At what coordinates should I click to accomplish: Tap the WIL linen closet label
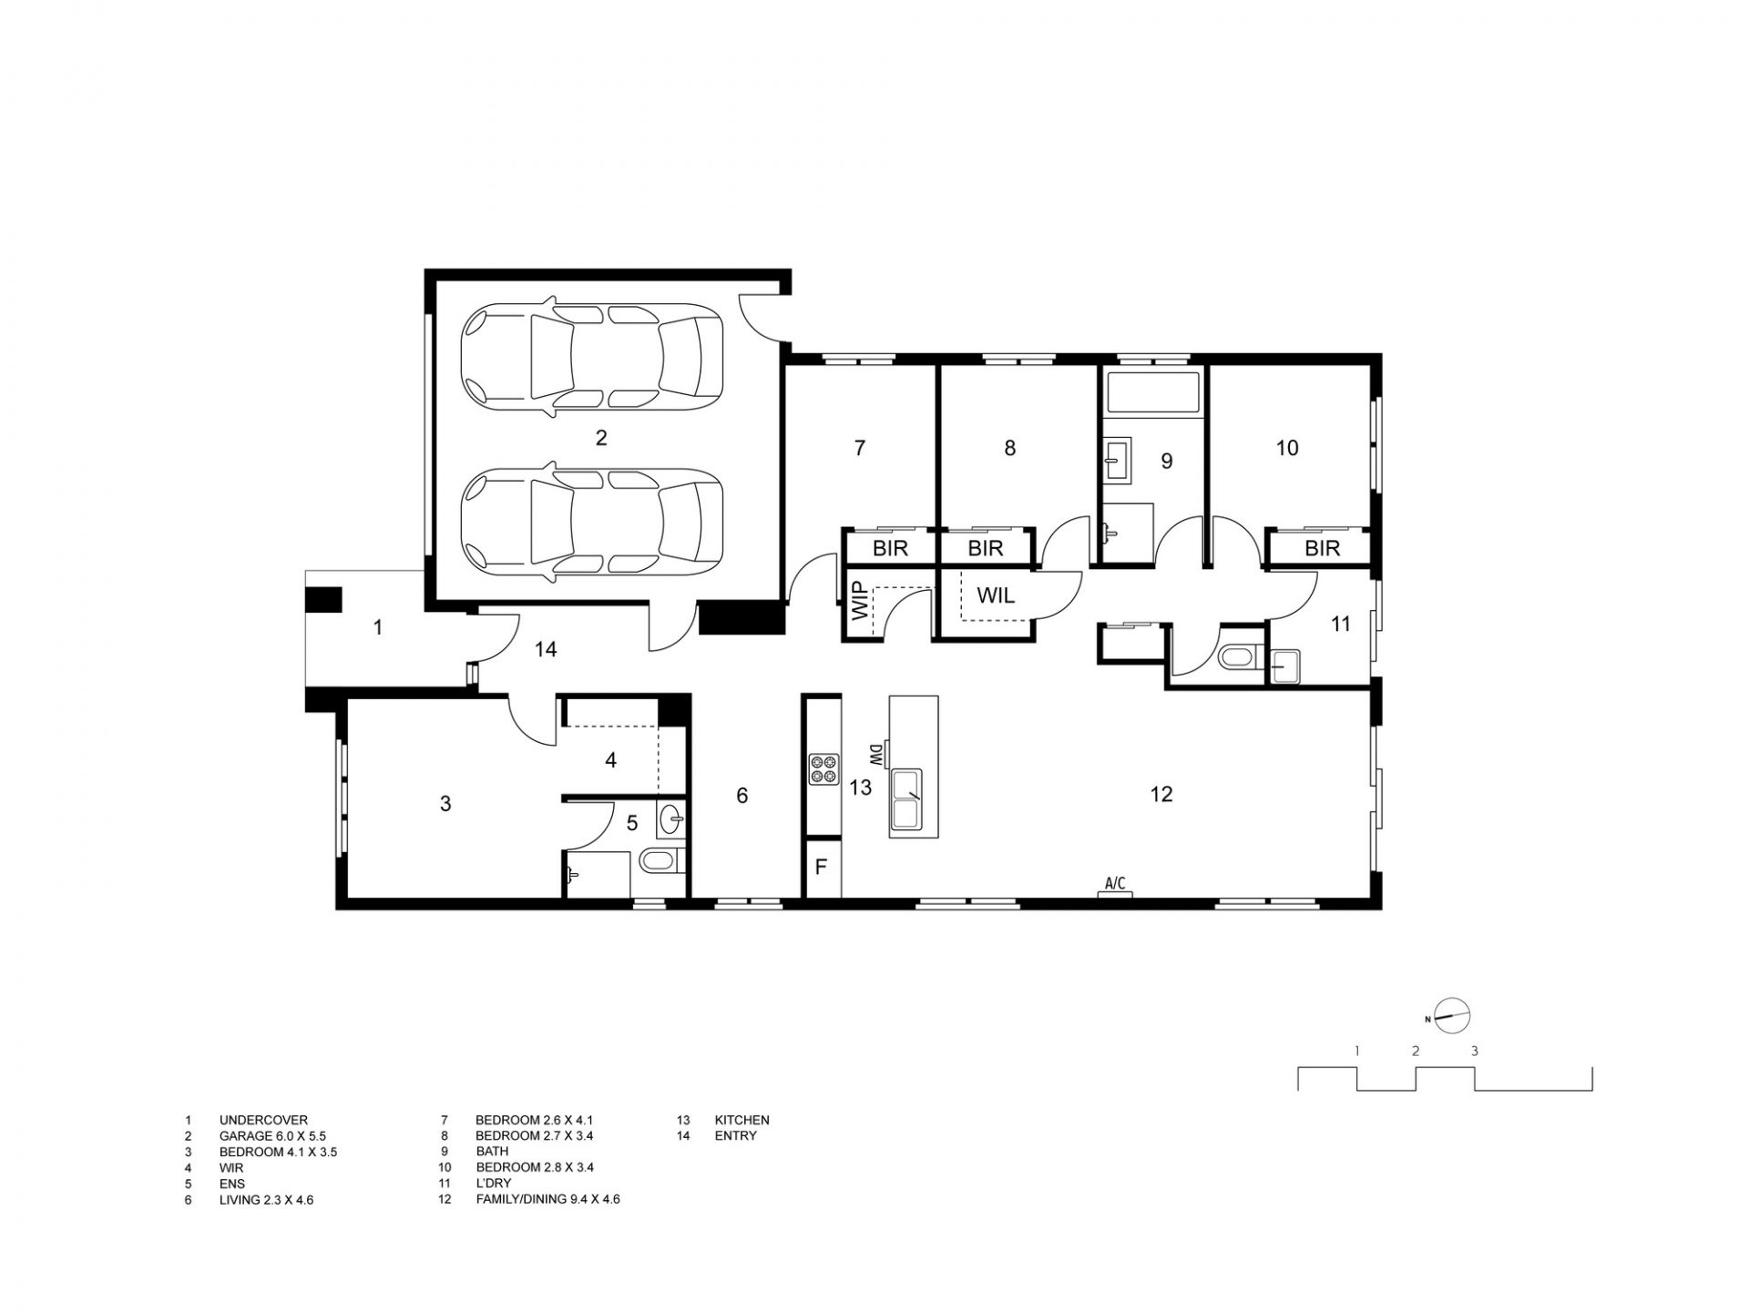coord(997,596)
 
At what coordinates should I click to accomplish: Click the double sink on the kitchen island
coord(906,800)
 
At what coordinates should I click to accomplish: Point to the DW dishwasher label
coord(874,755)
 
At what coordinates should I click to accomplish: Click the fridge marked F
coord(822,868)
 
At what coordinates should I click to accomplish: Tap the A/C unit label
coord(1115,883)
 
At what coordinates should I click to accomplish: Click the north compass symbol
coord(1452,1016)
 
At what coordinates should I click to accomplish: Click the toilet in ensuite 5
coord(659,860)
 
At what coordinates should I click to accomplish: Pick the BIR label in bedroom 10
coord(1322,548)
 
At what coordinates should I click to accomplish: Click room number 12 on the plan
coord(1161,795)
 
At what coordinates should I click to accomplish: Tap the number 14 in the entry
coord(546,649)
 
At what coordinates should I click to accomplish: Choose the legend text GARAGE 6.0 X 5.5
coord(272,1136)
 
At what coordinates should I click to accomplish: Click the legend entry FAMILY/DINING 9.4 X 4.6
coord(547,1199)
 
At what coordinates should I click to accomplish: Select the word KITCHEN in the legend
coord(742,1121)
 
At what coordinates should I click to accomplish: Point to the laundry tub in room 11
coord(1286,666)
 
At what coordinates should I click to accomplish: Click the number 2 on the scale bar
coord(1416,1051)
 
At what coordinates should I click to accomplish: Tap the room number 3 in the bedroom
coord(445,804)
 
